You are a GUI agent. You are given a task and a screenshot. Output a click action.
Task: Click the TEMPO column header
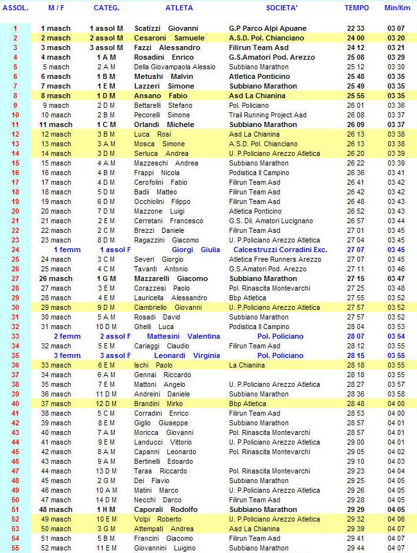[357, 8]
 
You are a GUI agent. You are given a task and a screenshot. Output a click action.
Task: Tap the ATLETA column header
[179, 8]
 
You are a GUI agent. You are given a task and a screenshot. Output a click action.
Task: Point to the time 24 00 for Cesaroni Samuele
[356, 38]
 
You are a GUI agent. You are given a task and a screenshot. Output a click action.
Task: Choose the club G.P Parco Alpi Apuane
[268, 28]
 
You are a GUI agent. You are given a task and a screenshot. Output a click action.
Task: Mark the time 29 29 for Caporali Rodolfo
[356, 509]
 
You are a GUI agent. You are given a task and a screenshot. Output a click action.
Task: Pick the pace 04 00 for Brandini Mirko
[396, 404]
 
